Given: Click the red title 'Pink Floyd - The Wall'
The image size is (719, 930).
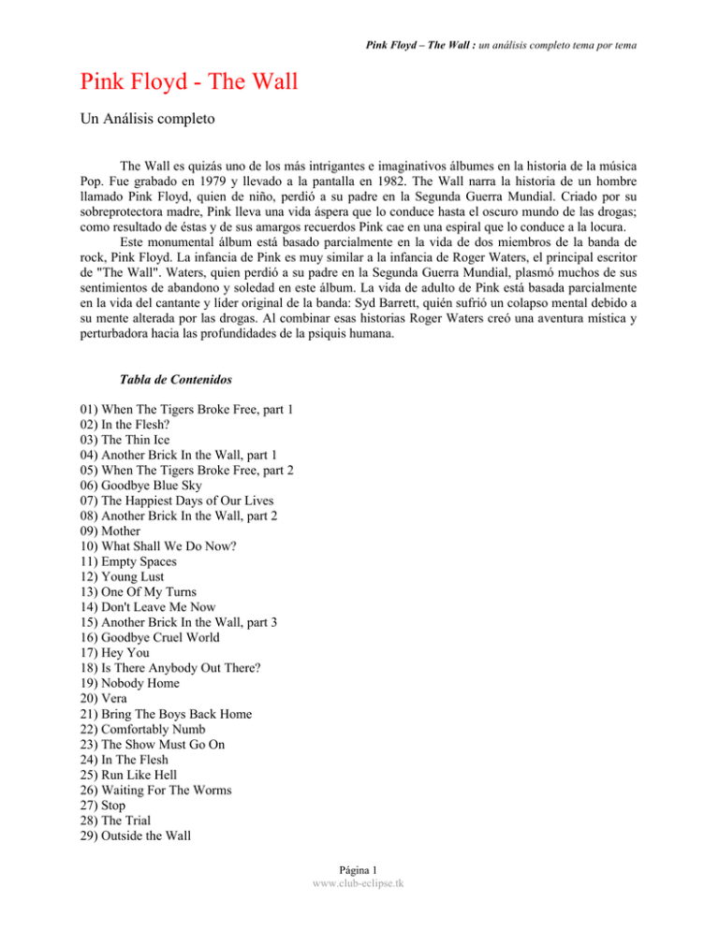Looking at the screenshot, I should click(183, 84).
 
